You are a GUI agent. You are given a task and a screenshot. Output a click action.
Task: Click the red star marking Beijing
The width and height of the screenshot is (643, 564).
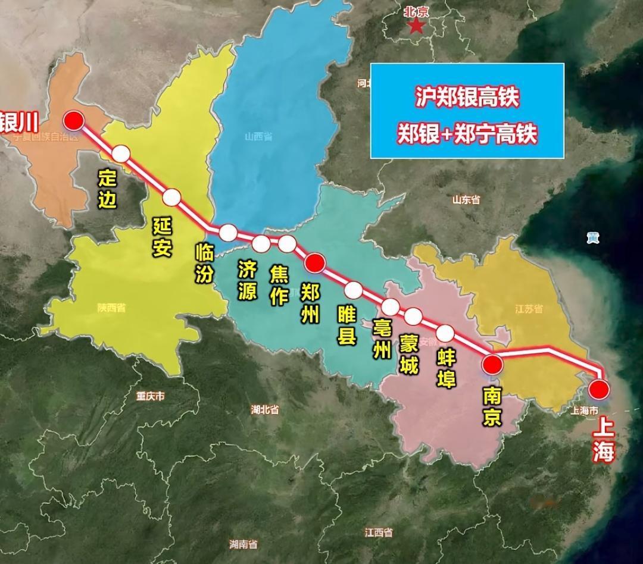coord(416,26)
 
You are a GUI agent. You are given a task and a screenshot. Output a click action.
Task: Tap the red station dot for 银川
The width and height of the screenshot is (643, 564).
coord(74,121)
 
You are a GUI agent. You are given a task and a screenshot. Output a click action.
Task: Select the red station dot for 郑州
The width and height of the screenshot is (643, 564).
coord(314,262)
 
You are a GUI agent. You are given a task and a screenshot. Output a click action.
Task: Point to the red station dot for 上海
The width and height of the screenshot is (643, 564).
coord(598,390)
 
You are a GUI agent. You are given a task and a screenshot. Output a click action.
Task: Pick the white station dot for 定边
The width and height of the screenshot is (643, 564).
coord(121,153)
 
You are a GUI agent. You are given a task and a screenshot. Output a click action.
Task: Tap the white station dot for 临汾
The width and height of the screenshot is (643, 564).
coord(228,233)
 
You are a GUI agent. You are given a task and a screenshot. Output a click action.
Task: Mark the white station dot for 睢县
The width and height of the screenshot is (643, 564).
coord(354,290)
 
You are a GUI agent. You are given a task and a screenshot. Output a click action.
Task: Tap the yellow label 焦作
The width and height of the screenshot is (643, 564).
coord(279,285)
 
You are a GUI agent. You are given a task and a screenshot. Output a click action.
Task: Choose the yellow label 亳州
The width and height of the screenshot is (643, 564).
coord(380,339)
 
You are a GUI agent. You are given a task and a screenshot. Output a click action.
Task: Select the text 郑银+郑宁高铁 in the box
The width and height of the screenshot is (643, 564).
coord(467,134)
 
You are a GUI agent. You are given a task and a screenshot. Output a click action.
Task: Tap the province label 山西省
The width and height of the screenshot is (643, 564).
coord(258,137)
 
